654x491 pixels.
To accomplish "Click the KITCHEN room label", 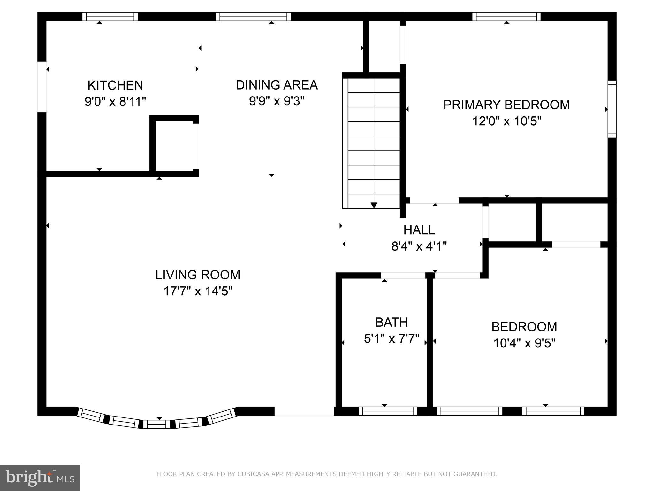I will pyautogui.click(x=115, y=85).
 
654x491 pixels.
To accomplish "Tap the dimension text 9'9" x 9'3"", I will pyautogui.click(x=277, y=101).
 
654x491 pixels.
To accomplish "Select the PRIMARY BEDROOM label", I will pyautogui.click(x=506, y=105).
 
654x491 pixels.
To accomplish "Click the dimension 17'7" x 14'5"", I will pyautogui.click(x=198, y=291).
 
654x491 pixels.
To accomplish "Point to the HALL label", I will pyautogui.click(x=419, y=230).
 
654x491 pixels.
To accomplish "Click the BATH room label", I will pyautogui.click(x=392, y=322).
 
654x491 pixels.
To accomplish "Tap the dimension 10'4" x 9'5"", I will pyautogui.click(x=524, y=343).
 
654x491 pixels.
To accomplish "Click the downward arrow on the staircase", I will pyautogui.click(x=374, y=205).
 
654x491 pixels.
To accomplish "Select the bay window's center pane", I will pyautogui.click(x=156, y=424).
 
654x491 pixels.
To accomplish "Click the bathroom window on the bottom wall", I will pyautogui.click(x=388, y=411).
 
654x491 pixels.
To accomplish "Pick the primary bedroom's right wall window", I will pyautogui.click(x=612, y=109).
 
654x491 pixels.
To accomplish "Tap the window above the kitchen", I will pyautogui.click(x=110, y=17).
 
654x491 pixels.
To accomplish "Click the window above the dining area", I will pyautogui.click(x=253, y=17).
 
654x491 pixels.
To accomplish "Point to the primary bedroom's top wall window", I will pyautogui.click(x=506, y=17).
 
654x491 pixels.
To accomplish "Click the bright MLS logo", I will pyautogui.click(x=40, y=478).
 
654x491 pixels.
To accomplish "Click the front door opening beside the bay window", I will pyautogui.click(x=304, y=411).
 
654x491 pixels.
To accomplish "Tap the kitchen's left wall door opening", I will pyautogui.click(x=42, y=87).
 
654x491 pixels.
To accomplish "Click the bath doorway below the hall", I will pyautogui.click(x=403, y=276).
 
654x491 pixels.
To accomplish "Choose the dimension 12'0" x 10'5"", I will pyautogui.click(x=506, y=121).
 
